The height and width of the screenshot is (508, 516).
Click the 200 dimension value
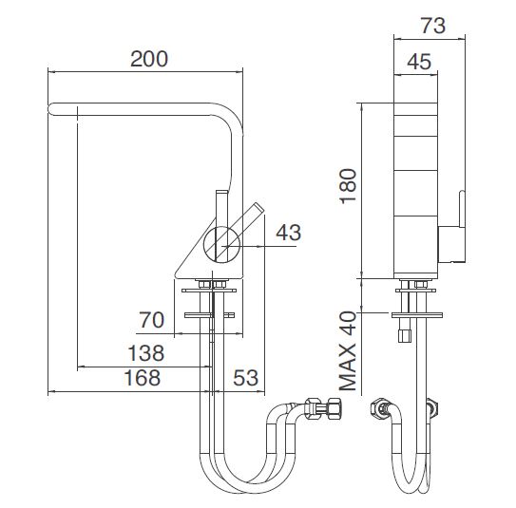(149, 59)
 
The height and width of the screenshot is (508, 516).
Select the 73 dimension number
(433, 26)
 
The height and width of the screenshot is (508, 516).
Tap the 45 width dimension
(419, 62)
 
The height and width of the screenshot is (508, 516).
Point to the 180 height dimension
(348, 186)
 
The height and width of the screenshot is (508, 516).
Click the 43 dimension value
(289, 233)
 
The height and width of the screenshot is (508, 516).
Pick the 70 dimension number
(151, 320)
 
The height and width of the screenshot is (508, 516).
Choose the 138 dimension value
(145, 353)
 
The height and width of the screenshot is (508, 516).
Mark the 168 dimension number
(143, 378)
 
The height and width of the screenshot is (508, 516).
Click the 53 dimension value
(245, 378)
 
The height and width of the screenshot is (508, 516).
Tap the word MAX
(348, 367)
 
